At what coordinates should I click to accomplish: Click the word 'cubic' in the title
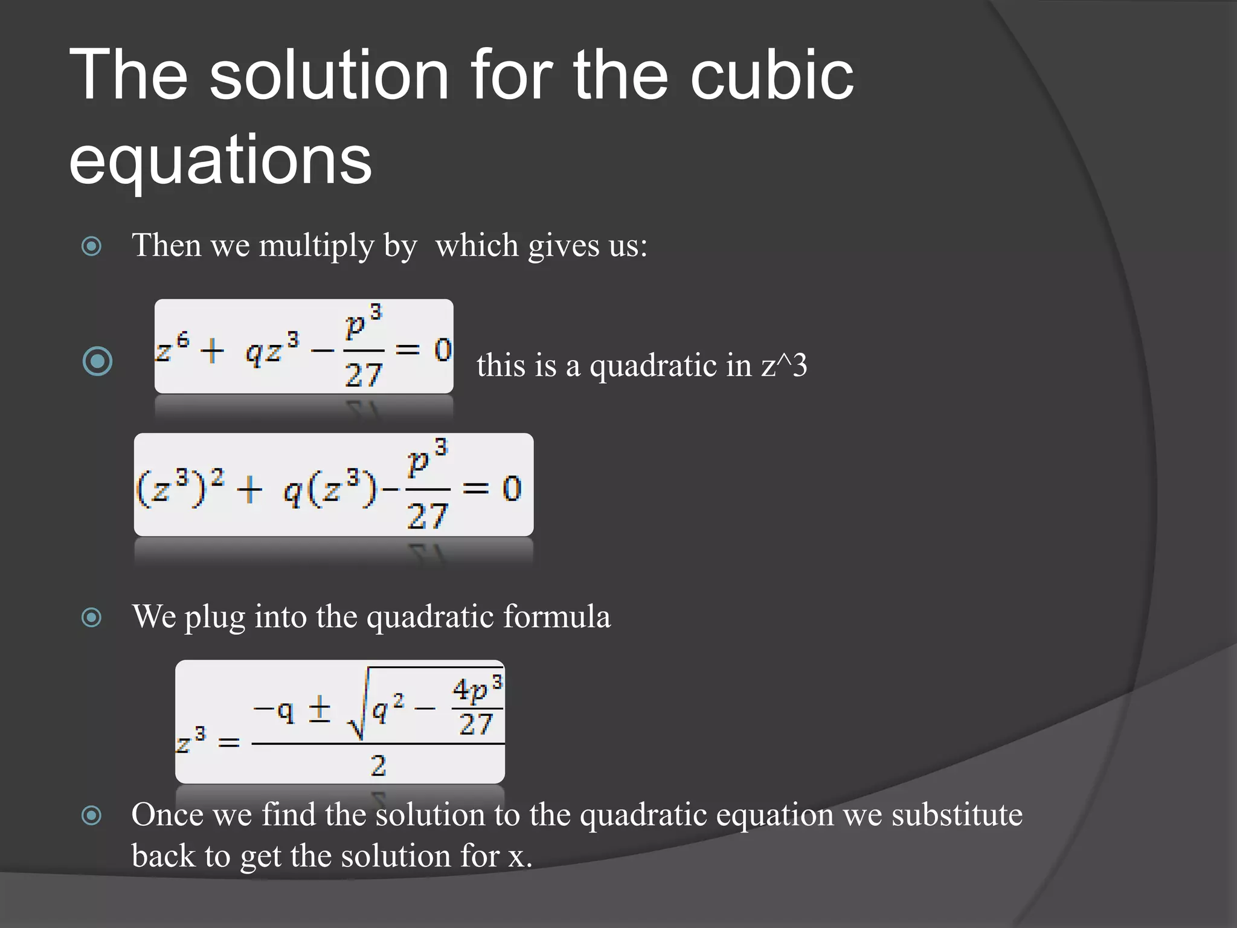[771, 76]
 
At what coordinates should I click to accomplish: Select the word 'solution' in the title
[329, 76]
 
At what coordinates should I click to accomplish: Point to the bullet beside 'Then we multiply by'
[91, 246]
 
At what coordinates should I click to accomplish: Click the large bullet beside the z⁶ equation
[97, 361]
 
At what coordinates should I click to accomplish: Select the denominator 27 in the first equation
[364, 375]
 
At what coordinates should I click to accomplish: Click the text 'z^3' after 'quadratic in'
[784, 366]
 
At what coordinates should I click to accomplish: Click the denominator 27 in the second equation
[427, 517]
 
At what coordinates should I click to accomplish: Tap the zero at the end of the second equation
[512, 488]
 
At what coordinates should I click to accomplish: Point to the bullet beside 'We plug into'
[91, 617]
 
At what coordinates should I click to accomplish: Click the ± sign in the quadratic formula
[320, 709]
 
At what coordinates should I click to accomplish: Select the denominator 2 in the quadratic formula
[378, 766]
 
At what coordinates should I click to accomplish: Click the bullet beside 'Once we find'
[91, 815]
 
